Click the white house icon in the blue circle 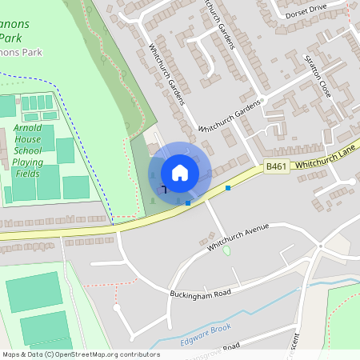click(180, 172)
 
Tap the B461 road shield click(276, 166)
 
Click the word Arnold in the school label click(27, 128)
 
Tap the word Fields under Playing click(27, 173)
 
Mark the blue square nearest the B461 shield click(228, 188)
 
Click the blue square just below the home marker click(188, 203)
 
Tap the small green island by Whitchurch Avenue click(226, 250)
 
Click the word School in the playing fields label click(27, 150)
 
